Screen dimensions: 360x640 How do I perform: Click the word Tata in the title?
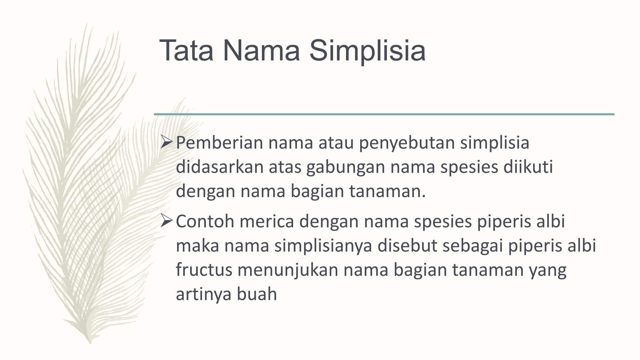coord(186,51)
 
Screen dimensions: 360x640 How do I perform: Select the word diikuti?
coord(528,167)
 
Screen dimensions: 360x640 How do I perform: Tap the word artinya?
coord(203,294)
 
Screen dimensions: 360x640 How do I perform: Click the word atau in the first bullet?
coord(336,143)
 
